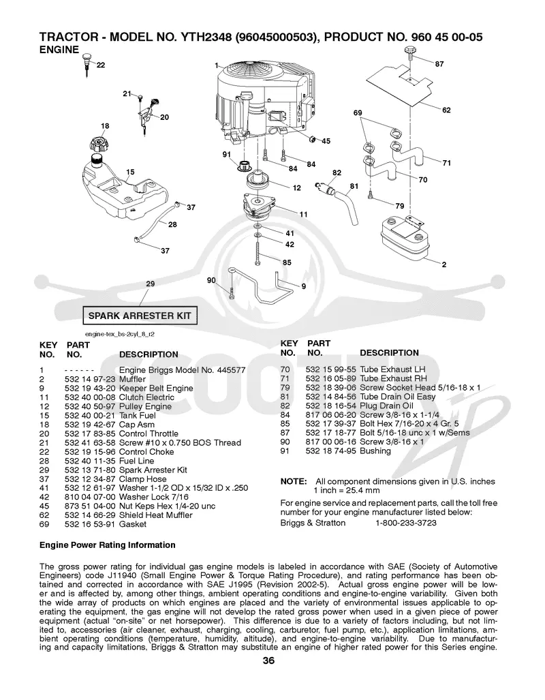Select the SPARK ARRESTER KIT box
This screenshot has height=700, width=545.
tap(140, 316)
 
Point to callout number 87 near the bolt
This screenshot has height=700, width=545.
tap(439, 64)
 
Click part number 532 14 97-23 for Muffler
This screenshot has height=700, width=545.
tap(90, 379)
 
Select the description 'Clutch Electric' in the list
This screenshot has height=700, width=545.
tap(146, 397)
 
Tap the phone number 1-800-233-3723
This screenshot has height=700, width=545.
tap(406, 523)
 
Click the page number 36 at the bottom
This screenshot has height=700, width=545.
tap(268, 660)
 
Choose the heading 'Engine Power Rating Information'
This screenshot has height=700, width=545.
tap(107, 545)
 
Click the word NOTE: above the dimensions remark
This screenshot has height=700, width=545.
tap(293, 482)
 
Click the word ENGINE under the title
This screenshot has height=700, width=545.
tap(59, 50)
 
